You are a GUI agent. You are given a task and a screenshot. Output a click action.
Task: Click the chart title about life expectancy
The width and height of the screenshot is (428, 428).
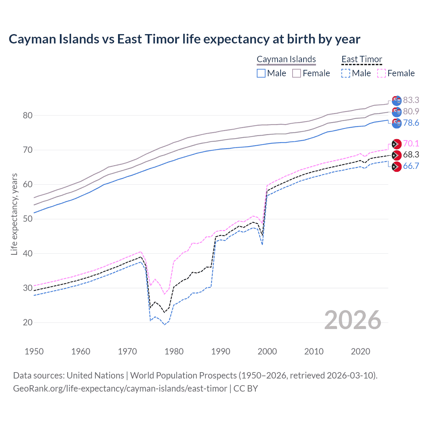(184, 39)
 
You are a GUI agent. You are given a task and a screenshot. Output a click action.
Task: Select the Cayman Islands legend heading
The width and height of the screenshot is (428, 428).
(286, 59)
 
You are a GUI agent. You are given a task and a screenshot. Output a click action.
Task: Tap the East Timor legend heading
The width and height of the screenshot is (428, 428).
(361, 59)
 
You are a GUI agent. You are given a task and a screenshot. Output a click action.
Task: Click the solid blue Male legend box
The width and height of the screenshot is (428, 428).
(261, 73)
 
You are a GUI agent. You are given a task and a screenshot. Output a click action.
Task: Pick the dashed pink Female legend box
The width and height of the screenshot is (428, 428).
(382, 73)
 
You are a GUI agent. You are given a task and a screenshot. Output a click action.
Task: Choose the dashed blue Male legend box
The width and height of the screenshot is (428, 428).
(346, 73)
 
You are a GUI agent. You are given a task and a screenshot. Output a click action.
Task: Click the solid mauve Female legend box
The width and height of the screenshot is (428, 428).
(297, 73)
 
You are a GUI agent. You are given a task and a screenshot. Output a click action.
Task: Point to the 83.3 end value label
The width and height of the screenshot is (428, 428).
(411, 100)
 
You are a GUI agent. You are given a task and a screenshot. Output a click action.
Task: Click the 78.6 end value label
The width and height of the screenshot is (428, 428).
(411, 123)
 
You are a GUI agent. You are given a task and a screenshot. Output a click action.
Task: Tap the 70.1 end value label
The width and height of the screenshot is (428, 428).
(411, 143)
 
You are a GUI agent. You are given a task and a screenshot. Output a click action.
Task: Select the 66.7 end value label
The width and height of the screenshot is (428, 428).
(411, 166)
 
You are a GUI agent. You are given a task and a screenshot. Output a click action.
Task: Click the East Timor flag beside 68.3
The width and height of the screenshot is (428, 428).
(397, 155)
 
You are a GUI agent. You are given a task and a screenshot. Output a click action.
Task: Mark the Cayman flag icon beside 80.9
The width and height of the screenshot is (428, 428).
(397, 112)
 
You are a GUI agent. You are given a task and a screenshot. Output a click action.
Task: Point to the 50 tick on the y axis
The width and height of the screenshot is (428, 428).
(28, 219)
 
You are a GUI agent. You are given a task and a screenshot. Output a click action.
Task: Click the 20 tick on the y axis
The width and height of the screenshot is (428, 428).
(28, 323)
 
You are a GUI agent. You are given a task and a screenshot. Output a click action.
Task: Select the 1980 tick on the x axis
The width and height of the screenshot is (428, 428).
(174, 351)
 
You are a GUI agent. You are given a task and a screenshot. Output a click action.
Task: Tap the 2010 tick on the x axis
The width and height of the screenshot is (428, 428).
(314, 351)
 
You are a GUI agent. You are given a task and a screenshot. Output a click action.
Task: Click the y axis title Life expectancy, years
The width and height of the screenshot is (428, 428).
(14, 214)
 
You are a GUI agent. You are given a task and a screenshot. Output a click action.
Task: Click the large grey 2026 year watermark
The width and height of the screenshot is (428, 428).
(353, 320)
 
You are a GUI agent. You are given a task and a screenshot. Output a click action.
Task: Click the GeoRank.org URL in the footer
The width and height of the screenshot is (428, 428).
(120, 389)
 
